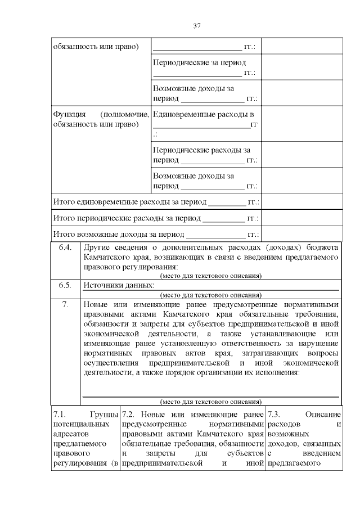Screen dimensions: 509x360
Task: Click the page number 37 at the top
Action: click(197, 26)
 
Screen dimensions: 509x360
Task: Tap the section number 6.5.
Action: click(65, 285)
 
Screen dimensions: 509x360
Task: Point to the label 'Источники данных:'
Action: click(118, 285)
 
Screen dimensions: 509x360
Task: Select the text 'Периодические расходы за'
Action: click(201, 150)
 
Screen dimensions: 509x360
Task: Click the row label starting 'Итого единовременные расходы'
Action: click(129, 202)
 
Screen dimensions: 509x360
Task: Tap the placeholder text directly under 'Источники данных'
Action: click(210, 294)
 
